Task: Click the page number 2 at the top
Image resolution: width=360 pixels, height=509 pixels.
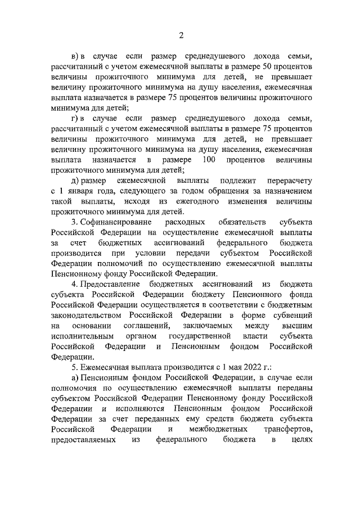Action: coord(181,35)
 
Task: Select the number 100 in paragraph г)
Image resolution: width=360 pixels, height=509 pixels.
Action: coord(208,160)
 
